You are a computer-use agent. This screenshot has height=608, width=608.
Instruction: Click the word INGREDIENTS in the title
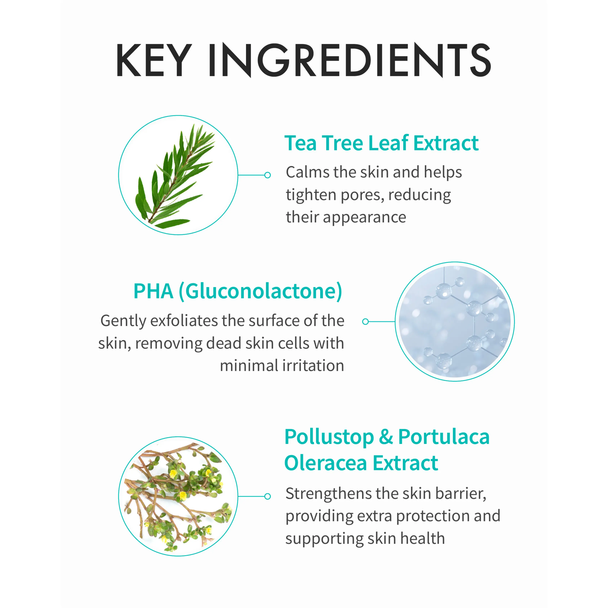tap(350, 60)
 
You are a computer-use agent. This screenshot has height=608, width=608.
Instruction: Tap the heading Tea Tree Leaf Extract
tap(381, 143)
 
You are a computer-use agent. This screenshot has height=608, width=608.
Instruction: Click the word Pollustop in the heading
tap(329, 437)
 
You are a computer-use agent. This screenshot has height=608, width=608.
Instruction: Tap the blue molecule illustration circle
tap(455, 321)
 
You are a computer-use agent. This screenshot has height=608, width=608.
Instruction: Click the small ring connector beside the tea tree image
tap(268, 175)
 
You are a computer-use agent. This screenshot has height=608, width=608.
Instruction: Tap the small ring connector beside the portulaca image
tap(268, 496)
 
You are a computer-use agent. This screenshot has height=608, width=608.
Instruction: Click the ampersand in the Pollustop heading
tap(386, 437)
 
